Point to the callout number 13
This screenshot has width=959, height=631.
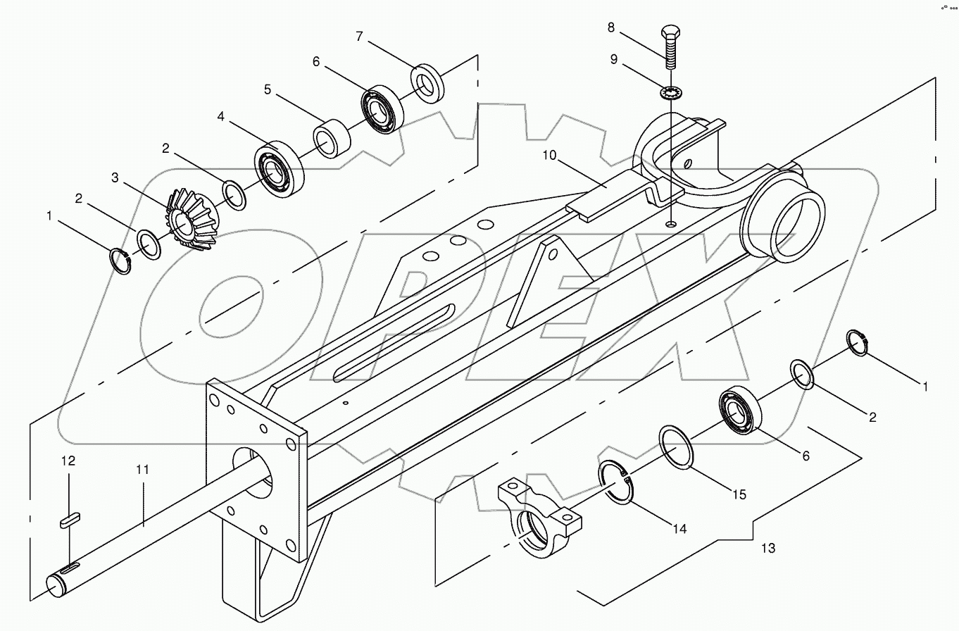[x=768, y=547]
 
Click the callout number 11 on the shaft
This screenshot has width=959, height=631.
[x=143, y=469]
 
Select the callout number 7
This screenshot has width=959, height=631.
[x=359, y=37]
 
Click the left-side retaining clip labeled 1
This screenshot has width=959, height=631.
[x=121, y=261]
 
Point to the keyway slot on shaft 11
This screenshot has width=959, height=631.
[x=69, y=568]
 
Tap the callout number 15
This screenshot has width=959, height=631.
[x=739, y=494]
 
